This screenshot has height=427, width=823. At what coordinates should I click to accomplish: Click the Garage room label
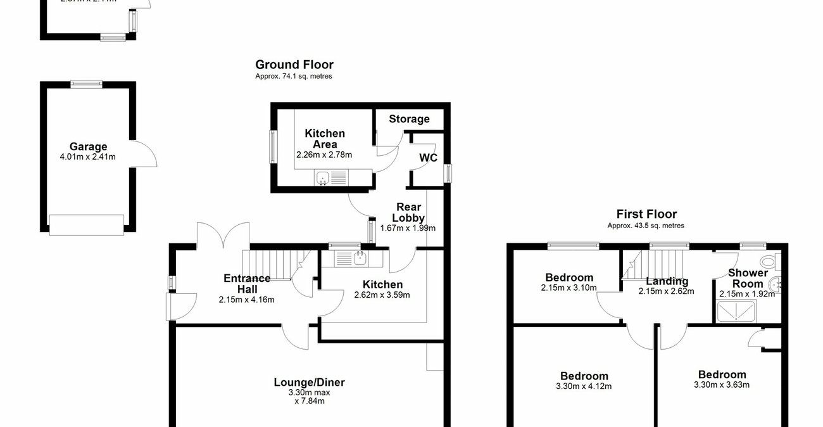point(88,147)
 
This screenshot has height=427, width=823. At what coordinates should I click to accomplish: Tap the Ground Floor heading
point(294,65)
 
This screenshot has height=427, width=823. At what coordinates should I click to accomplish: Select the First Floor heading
point(646,214)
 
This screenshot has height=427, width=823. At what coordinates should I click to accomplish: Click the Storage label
point(409,119)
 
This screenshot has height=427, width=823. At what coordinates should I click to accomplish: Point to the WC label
point(428,158)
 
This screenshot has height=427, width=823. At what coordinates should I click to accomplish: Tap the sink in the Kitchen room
point(359,257)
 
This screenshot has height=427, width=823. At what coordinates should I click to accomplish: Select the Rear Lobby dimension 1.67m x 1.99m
point(408,228)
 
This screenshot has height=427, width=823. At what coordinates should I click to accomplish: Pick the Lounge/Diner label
point(309,382)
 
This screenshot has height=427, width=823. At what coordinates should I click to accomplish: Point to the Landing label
point(667,281)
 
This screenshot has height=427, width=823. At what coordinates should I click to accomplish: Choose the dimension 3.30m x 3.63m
point(722,385)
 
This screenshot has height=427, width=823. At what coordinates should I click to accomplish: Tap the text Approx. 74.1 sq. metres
point(294,76)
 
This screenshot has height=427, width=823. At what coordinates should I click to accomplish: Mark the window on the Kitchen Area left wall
point(273,147)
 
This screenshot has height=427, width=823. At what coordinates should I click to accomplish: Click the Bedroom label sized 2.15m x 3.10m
point(569,277)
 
